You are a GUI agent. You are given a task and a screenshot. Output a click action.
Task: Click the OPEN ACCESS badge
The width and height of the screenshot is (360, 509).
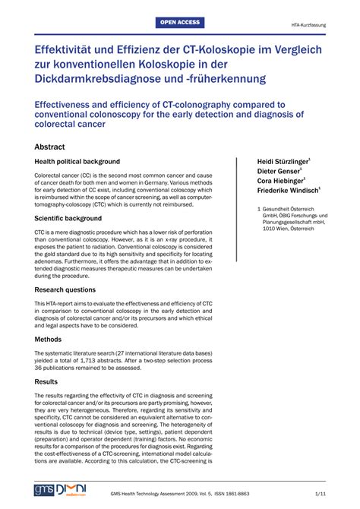180,23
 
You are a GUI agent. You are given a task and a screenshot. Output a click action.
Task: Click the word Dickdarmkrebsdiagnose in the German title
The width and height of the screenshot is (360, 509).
100,79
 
